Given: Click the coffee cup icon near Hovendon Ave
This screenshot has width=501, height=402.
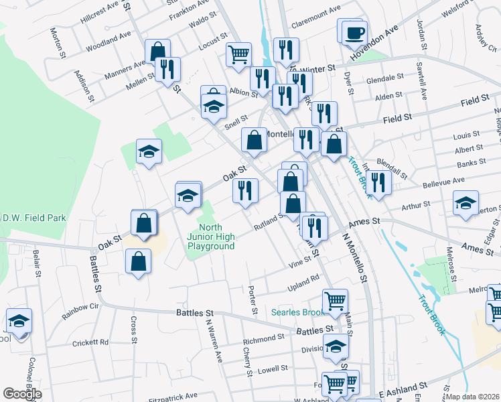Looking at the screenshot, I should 354,32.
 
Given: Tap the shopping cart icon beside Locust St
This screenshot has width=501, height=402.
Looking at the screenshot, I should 238,54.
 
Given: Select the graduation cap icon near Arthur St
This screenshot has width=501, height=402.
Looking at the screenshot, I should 466,202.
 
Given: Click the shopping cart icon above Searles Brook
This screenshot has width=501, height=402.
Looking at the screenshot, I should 335,301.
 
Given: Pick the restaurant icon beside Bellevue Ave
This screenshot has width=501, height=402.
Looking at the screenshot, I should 379,182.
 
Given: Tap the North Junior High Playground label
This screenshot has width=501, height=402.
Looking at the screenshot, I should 211,237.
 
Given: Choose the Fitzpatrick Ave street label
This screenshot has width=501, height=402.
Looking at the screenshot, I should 173,396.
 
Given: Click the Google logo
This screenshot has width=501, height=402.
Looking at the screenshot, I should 22,393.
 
